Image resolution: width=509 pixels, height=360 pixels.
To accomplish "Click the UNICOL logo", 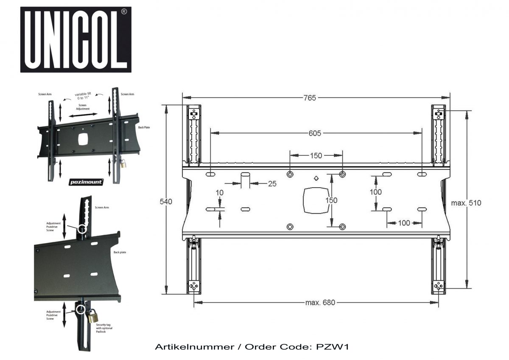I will (x=76, y=39).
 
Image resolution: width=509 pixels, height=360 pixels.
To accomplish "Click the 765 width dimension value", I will (x=310, y=98).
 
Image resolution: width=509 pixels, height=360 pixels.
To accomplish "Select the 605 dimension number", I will (x=315, y=133).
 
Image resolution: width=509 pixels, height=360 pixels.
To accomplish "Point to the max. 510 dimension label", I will (x=466, y=203).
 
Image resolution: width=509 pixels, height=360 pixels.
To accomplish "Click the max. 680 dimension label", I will (x=320, y=303).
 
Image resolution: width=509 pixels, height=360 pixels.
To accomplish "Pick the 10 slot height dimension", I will (x=219, y=193).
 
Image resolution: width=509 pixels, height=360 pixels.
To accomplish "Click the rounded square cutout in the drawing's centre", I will (x=315, y=201).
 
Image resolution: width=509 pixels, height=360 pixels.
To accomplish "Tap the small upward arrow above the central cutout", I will (x=316, y=178).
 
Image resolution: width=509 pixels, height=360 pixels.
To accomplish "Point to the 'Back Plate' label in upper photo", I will (x=144, y=127).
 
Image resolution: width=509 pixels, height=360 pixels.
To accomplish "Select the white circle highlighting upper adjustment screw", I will (x=82, y=229).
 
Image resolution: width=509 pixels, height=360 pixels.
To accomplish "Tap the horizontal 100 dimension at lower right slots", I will (x=404, y=222).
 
